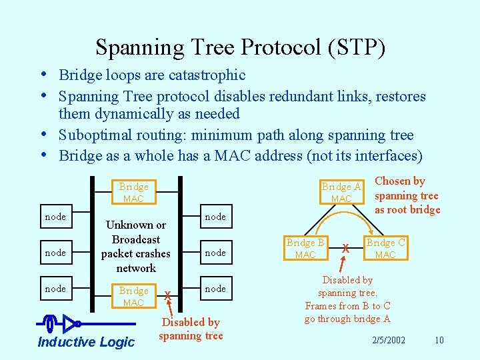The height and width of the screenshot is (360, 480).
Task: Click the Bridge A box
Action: click(341, 192)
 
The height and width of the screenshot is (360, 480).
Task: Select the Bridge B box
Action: click(305, 248)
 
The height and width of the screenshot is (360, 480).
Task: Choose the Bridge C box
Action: click(385, 248)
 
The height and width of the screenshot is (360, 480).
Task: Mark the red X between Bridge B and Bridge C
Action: click(345, 249)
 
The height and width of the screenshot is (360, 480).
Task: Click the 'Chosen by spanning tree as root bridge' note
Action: click(407, 195)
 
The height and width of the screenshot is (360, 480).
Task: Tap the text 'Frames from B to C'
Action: click(347, 306)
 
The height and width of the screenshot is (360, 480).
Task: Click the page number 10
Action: click(439, 341)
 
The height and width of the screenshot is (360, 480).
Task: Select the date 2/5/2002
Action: click(390, 341)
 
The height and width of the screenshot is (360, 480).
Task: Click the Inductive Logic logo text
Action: click(86, 342)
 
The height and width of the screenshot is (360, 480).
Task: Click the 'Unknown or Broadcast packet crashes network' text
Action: click(135, 247)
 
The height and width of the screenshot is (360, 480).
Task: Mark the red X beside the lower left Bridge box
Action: click(167, 296)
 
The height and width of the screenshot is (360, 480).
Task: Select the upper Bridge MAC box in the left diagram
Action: click(133, 192)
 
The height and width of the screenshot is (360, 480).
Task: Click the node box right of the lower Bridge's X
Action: click(215, 289)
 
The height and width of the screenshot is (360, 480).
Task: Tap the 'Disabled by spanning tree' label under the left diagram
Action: click(190, 329)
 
